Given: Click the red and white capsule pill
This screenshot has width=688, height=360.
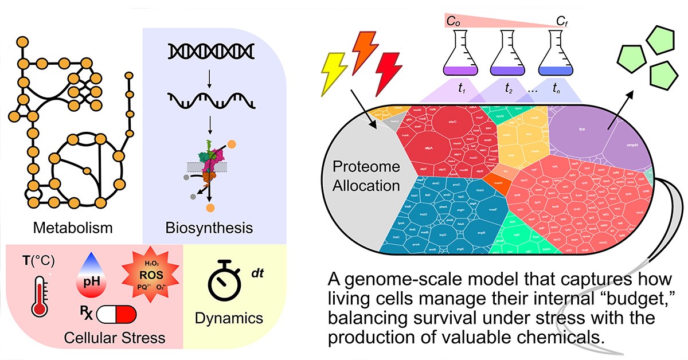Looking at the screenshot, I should click(116, 315).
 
